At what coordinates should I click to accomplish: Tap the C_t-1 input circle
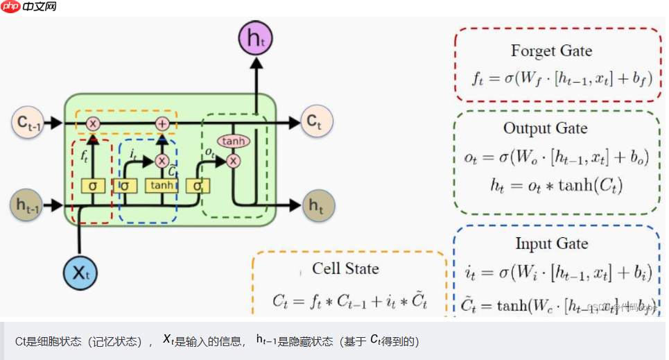click(x=28, y=123)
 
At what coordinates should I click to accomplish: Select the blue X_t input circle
click(x=80, y=271)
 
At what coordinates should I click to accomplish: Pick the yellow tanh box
click(x=162, y=186)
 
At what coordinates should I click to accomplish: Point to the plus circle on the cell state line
click(x=162, y=123)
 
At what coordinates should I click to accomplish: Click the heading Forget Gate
click(x=552, y=51)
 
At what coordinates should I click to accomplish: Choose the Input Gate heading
click(x=552, y=243)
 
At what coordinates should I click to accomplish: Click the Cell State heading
click(x=345, y=268)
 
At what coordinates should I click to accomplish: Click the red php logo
click(x=10, y=8)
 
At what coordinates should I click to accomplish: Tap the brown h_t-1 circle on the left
click(x=28, y=205)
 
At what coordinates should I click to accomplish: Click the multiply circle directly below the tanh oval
click(x=234, y=161)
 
